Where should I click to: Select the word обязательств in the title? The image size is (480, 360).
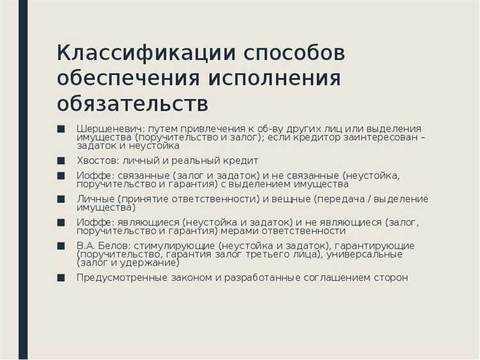pos(132,102)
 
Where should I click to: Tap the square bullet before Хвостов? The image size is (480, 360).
pos(61,160)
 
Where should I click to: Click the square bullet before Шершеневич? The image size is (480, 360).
pos(61,127)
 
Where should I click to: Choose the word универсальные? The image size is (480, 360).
pos(365,254)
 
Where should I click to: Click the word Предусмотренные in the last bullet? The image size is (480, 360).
pos(120,278)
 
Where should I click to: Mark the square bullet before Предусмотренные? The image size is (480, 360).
pos(61,277)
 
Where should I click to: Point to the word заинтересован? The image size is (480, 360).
pos(380,137)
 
